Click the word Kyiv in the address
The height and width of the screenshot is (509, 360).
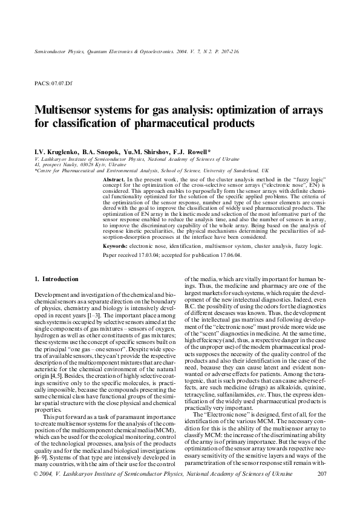pyautogui.click(x=103, y=164)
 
